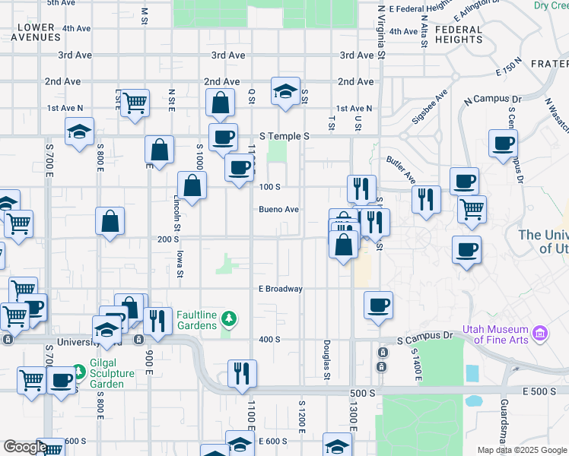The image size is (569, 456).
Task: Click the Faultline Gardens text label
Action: [197, 320]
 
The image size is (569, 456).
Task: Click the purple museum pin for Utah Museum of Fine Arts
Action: [540, 333]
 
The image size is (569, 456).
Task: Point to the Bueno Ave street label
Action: [278, 209]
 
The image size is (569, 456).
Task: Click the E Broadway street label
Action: [281, 289]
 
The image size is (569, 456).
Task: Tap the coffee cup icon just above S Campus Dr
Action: [378, 306]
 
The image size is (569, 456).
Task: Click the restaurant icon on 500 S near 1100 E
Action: [242, 373]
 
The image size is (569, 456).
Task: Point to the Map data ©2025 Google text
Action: [522, 450]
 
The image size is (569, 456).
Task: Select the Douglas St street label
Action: [326, 359]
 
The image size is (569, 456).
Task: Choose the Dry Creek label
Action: [551, 5]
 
